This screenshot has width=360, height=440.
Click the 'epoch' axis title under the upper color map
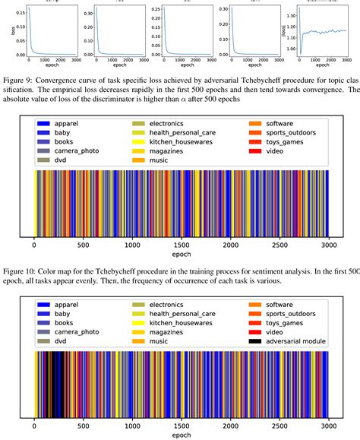181,255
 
